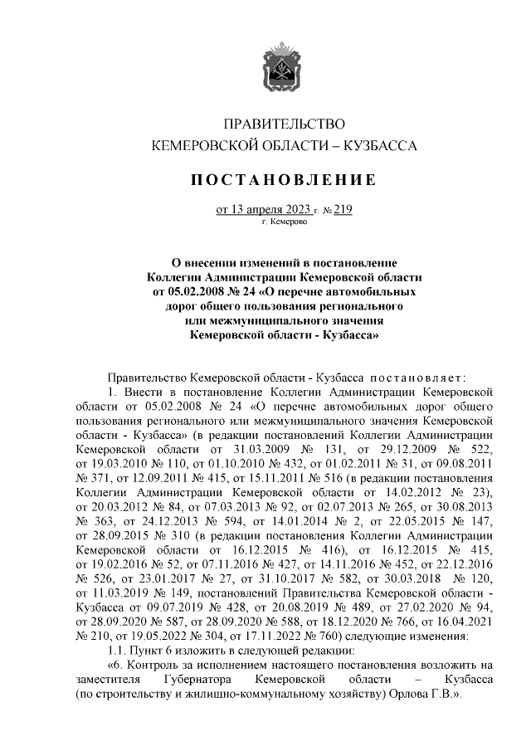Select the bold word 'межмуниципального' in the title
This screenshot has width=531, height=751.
(266, 321)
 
